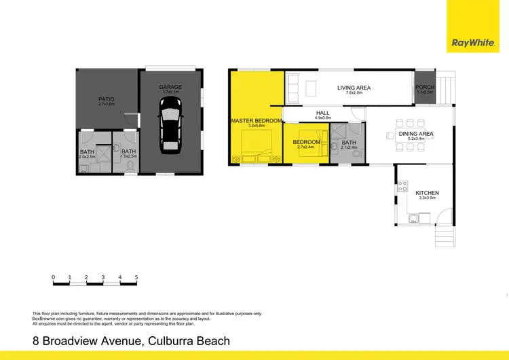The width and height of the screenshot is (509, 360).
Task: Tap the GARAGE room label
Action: point(170,87)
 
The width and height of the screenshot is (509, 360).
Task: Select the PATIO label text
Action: point(107,99)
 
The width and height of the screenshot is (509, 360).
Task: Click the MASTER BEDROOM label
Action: point(257,121)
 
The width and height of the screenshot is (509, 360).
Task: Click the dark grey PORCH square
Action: point(424,88)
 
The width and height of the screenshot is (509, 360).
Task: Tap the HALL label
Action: point(323,113)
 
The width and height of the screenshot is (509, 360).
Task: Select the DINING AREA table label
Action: point(416,134)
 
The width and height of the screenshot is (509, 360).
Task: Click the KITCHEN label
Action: point(428,193)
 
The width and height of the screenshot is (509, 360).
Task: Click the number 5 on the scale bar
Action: point(136,278)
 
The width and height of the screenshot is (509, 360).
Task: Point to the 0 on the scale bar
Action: point(53,278)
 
